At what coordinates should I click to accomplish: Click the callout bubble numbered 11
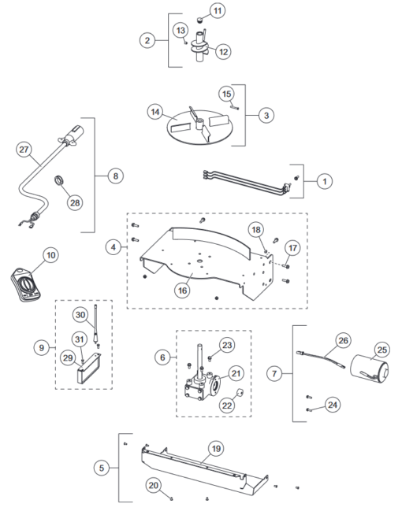[218, 11]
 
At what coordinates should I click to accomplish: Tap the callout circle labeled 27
[23, 149]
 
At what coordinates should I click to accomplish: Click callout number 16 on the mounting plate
[182, 290]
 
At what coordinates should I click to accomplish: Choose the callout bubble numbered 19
[214, 449]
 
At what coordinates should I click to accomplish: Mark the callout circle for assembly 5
[102, 468]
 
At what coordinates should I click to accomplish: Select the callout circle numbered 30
[80, 314]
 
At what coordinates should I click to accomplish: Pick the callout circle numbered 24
[332, 405]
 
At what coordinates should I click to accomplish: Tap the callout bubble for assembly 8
[115, 176]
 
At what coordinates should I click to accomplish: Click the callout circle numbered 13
[180, 30]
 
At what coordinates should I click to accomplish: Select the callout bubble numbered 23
[227, 344]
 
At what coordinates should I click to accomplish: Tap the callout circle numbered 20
[154, 485]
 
